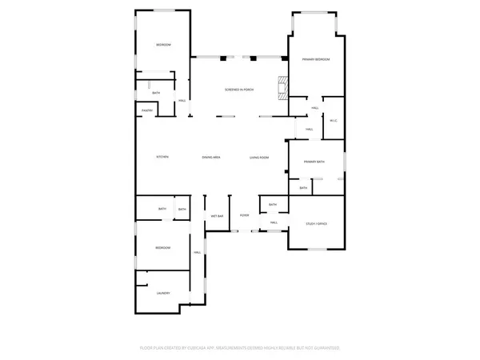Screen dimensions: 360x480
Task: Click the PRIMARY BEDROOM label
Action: [316, 60]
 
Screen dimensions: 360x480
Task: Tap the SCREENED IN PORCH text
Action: [239, 89]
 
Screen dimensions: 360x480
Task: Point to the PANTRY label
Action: [147, 110]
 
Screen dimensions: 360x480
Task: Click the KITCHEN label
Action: [162, 157]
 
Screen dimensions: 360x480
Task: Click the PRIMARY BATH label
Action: [314, 162]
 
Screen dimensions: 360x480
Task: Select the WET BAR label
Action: [217, 216]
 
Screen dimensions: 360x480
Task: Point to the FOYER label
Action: [245, 216]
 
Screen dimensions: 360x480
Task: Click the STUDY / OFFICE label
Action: [317, 223]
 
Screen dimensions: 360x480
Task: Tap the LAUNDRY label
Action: [162, 292]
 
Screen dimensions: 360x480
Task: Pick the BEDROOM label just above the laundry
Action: [162, 248]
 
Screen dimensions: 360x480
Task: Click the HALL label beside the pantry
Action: [182, 100]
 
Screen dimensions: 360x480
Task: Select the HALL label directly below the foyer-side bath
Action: [274, 222]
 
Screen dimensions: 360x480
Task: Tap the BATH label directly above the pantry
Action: [156, 93]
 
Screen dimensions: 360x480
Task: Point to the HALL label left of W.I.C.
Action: [308, 129]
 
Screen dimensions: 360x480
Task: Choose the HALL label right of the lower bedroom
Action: [197, 253]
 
